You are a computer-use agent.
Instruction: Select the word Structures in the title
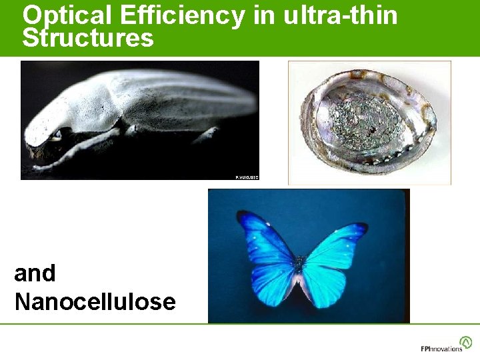pos(88,38)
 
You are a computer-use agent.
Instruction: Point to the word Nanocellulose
pos(95,301)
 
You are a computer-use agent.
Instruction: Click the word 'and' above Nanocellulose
pos(35,273)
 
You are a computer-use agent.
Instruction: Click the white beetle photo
pos(140,120)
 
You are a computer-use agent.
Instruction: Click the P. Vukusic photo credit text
pos(246,176)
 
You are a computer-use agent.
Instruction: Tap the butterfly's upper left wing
pos(267,240)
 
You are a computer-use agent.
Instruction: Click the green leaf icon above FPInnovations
pos(465,342)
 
